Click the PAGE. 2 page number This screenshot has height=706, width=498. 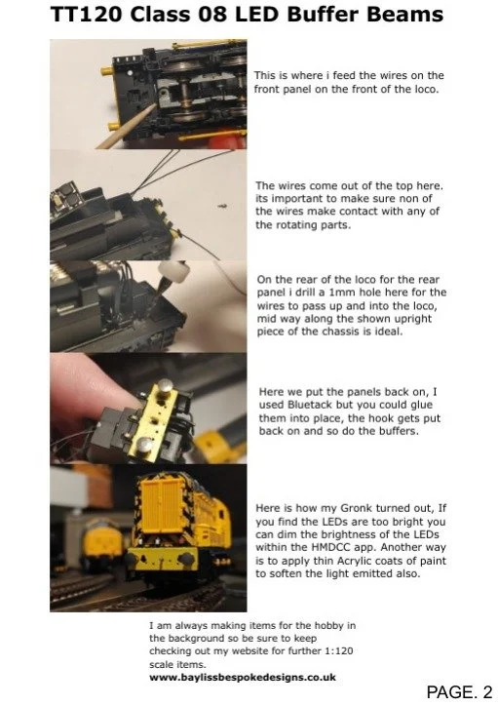point(459,691)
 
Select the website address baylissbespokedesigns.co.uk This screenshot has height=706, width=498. point(243,677)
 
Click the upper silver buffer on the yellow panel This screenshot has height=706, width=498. point(164,386)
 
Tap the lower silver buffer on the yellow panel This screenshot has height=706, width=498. point(145,445)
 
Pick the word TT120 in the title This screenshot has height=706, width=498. point(86,14)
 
